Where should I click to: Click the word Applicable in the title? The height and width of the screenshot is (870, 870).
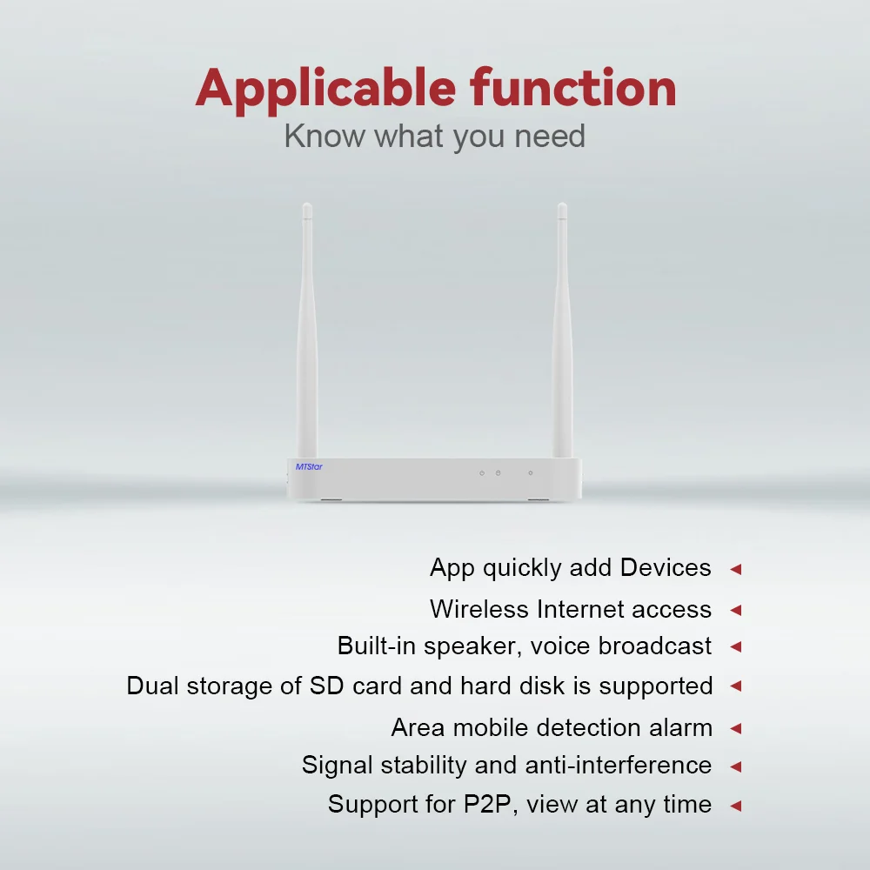pyautogui.click(x=325, y=90)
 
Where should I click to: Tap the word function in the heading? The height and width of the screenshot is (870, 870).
pyautogui.click(x=573, y=87)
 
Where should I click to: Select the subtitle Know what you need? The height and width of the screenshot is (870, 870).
pyautogui.click(x=434, y=137)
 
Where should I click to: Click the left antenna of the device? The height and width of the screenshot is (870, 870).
pyautogui.click(x=307, y=331)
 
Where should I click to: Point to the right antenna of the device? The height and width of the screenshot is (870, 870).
pyautogui.click(x=562, y=331)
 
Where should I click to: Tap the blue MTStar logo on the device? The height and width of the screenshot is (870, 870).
pyautogui.click(x=309, y=466)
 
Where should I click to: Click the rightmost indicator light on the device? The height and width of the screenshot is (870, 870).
pyautogui.click(x=531, y=473)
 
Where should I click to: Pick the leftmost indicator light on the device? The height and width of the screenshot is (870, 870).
pyautogui.click(x=482, y=473)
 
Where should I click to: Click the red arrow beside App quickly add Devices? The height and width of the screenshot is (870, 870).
pyautogui.click(x=736, y=569)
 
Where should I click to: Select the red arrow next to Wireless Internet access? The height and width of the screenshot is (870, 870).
pyautogui.click(x=736, y=611)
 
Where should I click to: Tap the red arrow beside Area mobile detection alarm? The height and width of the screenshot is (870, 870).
pyautogui.click(x=736, y=728)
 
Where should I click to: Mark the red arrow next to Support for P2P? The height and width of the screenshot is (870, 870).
pyautogui.click(x=736, y=806)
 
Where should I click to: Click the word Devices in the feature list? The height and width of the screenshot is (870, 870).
pyautogui.click(x=666, y=567)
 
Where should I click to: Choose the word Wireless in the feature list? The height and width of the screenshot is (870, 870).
pyautogui.click(x=479, y=609)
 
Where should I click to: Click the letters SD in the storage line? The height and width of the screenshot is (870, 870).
pyautogui.click(x=327, y=686)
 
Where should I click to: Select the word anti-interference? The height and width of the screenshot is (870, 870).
pyautogui.click(x=618, y=765)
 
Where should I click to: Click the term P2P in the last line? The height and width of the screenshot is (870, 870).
pyautogui.click(x=487, y=805)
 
